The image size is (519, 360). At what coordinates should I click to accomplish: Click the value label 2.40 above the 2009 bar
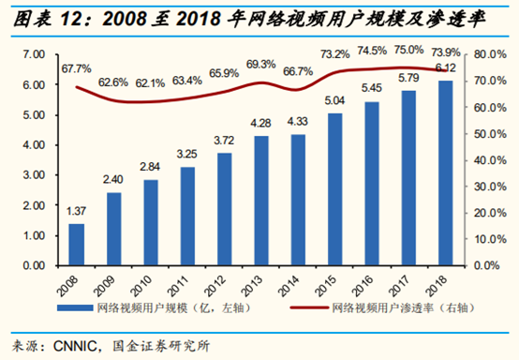[x=113, y=180]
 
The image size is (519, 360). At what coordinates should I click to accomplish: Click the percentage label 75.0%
[x=408, y=50]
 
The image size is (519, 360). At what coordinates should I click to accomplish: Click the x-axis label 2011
[x=186, y=278]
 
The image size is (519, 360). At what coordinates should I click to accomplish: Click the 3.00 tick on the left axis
[x=33, y=175]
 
